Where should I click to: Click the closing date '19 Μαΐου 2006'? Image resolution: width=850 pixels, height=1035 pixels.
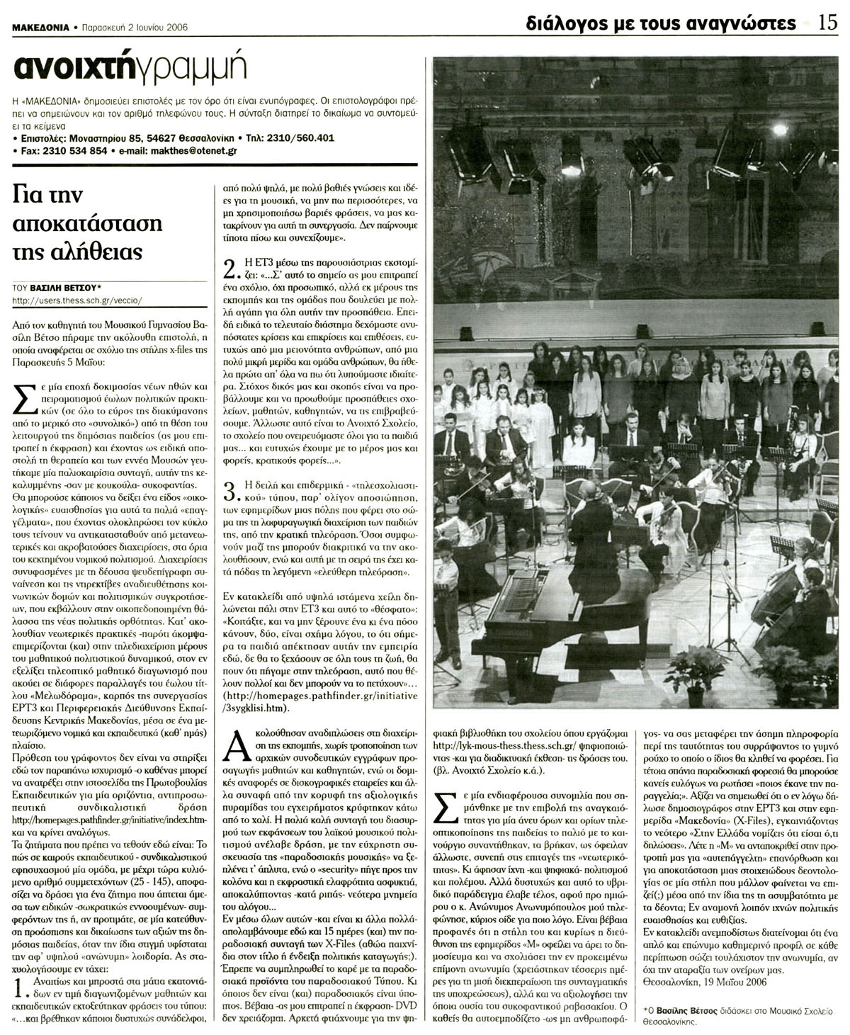coord(732,982)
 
